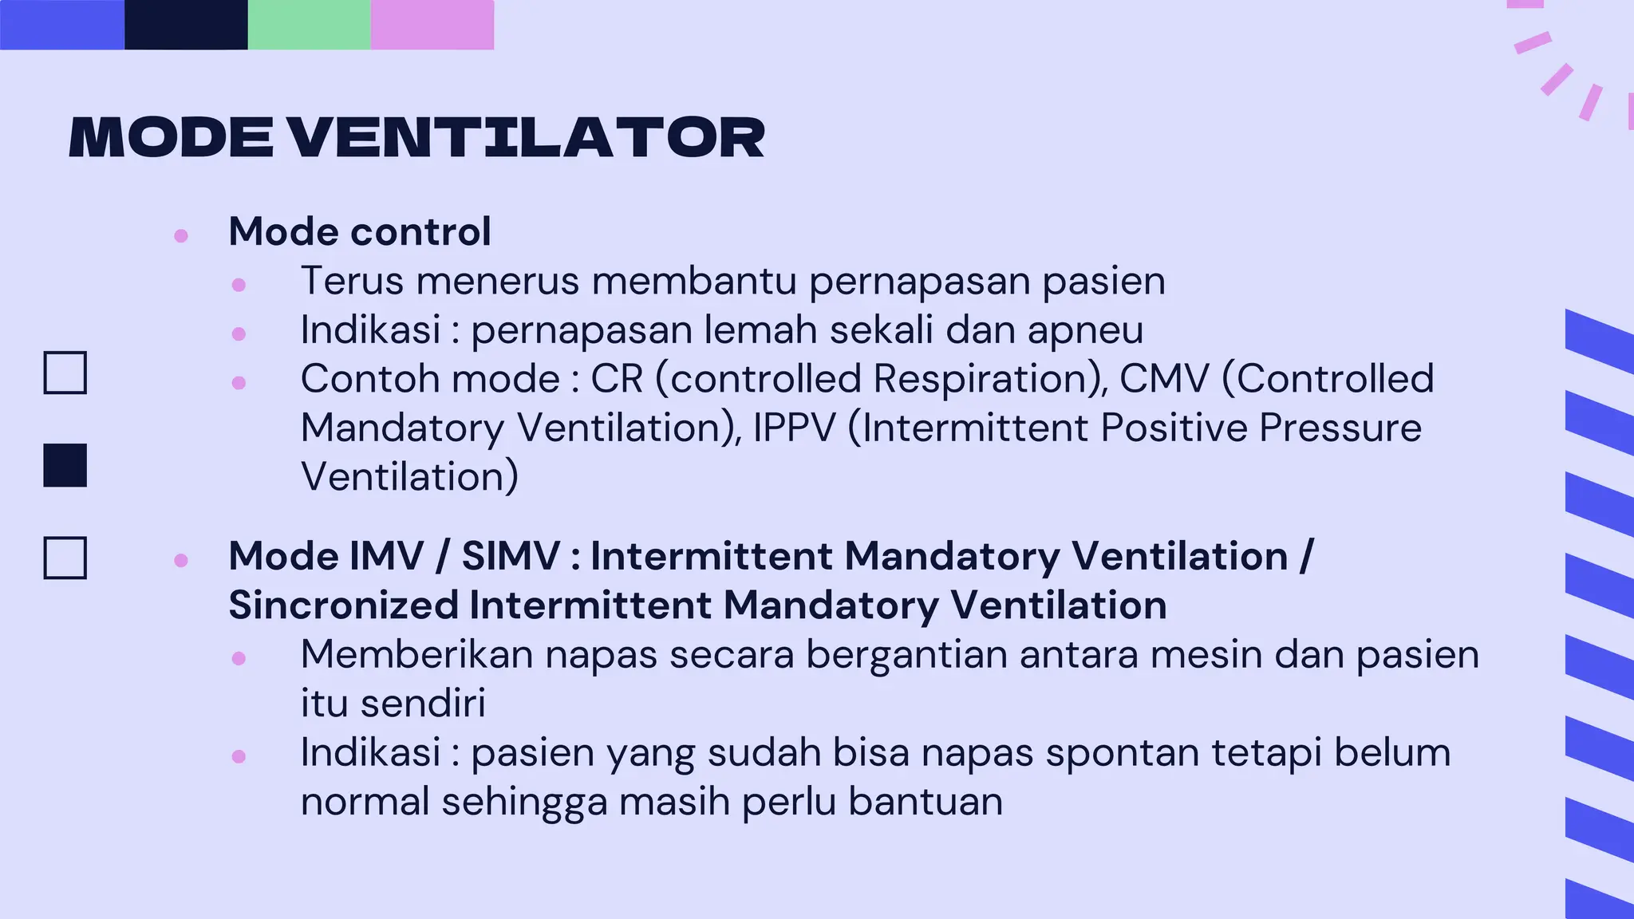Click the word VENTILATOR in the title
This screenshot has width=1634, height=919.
[x=526, y=138]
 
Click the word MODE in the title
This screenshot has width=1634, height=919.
[x=172, y=138]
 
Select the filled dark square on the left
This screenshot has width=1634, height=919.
[x=65, y=465]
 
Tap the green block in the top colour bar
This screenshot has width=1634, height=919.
[x=310, y=25]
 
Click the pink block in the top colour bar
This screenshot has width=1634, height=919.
[x=432, y=25]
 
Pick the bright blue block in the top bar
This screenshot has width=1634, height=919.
[x=62, y=25]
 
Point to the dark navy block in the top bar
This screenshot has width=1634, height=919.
[x=186, y=25]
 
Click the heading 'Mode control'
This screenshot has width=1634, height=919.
[x=359, y=232]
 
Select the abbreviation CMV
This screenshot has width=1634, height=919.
[x=1164, y=379]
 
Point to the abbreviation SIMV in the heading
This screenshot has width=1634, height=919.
[x=511, y=556]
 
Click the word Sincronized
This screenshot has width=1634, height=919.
[x=343, y=605]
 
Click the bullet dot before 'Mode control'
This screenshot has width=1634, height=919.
[x=181, y=235]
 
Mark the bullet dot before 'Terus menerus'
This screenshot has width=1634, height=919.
[x=239, y=284]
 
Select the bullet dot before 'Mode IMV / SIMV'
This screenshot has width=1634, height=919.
[x=181, y=560]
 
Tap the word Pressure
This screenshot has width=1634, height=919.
[x=1340, y=428]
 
